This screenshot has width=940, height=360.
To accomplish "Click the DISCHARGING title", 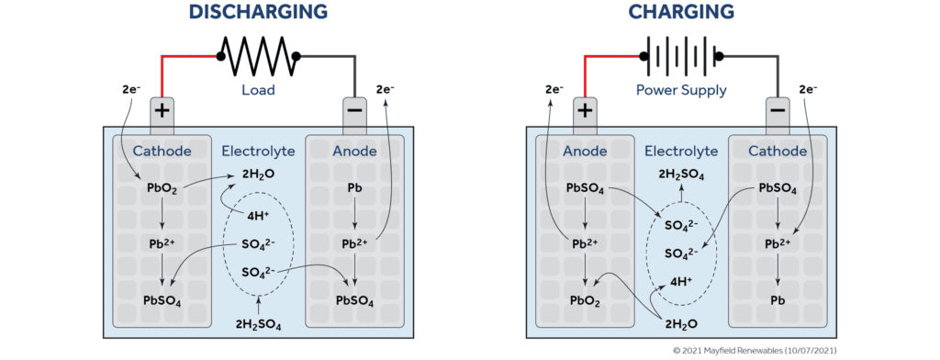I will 258,12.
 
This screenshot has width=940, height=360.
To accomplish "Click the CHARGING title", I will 680,12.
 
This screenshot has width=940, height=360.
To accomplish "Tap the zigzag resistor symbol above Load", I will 258,57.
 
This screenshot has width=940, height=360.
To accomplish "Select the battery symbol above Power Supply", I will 680,57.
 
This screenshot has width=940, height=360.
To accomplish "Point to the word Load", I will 258,91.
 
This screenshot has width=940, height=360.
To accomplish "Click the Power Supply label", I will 680,91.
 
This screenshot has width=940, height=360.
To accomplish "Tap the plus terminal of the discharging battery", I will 162,112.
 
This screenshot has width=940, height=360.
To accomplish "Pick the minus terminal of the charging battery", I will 777,112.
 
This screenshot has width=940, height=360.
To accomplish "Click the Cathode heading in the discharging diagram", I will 162,151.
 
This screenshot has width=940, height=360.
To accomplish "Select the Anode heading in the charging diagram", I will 585,151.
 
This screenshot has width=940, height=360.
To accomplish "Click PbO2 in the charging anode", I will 585,299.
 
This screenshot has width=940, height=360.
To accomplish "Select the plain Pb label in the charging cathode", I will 778,299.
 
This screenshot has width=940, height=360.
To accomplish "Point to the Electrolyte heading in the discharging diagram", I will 258,151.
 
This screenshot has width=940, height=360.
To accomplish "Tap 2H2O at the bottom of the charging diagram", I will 680,323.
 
